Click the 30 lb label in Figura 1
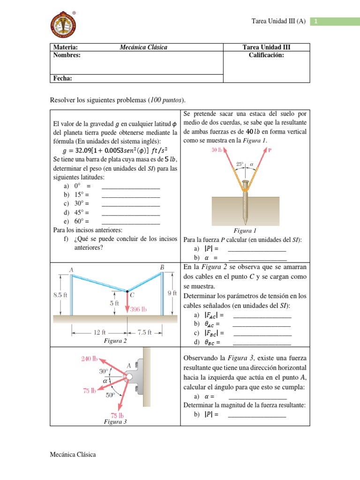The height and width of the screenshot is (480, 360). click(217, 150)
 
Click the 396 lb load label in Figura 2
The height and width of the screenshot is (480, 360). click(138, 309)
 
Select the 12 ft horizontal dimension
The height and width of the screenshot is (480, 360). click(99, 332)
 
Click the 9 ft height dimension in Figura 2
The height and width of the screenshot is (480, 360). click(172, 293)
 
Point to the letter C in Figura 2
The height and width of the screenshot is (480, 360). click(133, 295)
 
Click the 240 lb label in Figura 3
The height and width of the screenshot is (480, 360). click(89, 359)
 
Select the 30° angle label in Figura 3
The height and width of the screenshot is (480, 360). click(104, 371)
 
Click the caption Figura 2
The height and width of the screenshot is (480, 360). click(116, 341)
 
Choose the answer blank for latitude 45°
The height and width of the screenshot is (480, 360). click(130, 212)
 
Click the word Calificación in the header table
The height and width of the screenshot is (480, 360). click(266, 55)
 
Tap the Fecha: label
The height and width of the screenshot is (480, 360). click(63, 78)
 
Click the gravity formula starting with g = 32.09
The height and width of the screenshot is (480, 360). click(115, 150)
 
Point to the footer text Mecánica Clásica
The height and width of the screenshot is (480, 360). click(73, 455)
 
